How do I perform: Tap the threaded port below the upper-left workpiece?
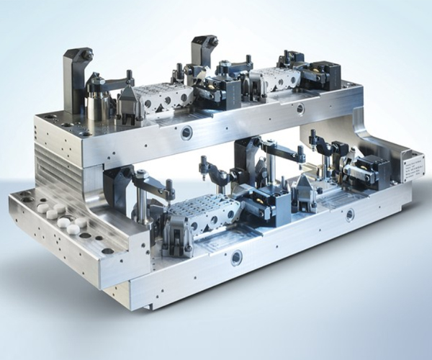tap(187, 132)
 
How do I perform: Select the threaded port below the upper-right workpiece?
tap(300, 109)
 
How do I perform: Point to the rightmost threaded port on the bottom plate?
tap(350, 215)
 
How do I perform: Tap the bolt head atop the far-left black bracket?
tap(86, 53)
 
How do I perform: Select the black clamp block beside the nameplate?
tap(374, 173)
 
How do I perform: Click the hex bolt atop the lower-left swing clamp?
tap(142, 174)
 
